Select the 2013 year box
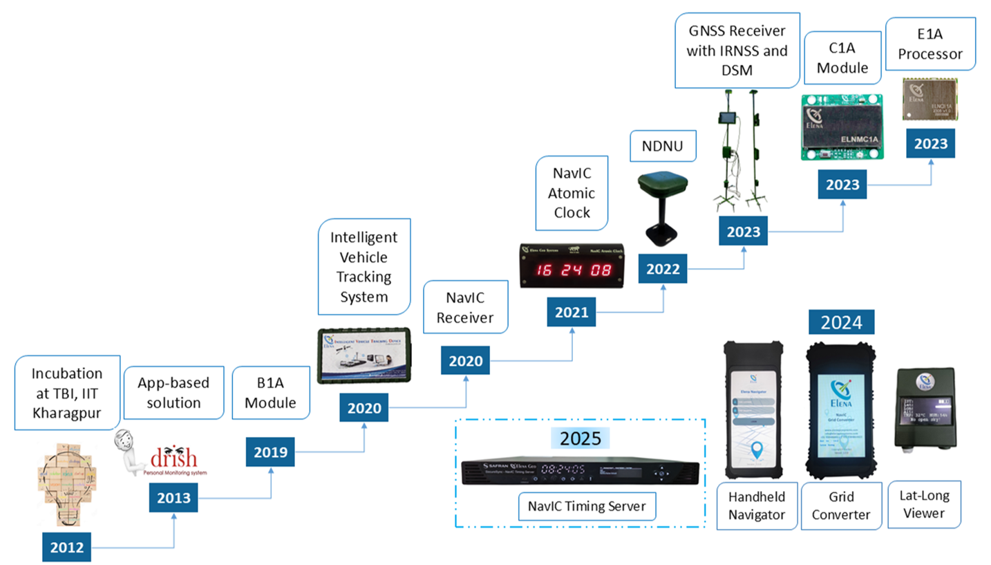pyautogui.click(x=175, y=498)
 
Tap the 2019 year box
pyautogui.click(x=270, y=453)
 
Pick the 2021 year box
pyautogui.click(x=571, y=313)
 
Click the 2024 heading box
pyautogui.click(x=840, y=322)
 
